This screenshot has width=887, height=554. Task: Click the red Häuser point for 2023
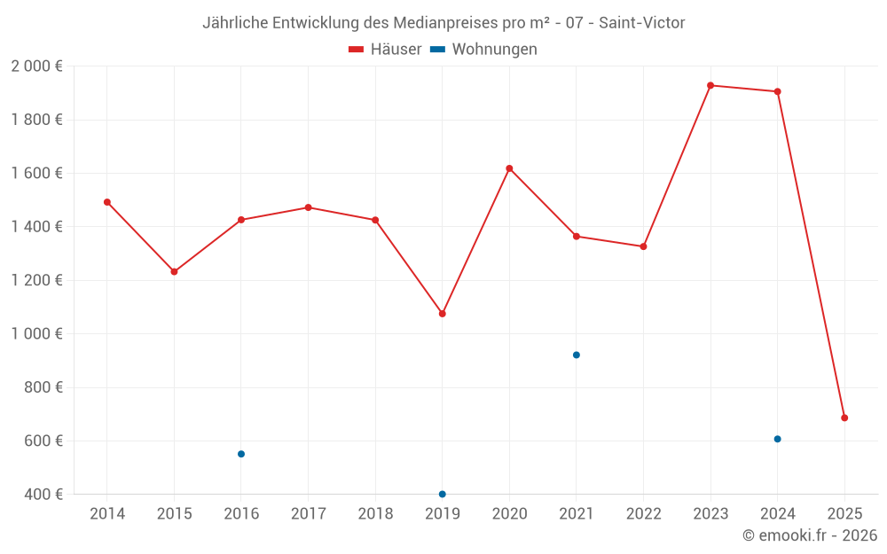click(710, 85)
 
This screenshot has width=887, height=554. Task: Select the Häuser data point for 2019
click(443, 314)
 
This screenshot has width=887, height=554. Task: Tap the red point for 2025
click(844, 417)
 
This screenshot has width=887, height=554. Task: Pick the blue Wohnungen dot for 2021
click(577, 355)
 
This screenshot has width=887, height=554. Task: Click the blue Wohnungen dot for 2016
click(241, 454)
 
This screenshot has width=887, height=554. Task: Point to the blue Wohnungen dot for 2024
click(778, 439)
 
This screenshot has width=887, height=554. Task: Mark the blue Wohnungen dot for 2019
click(443, 494)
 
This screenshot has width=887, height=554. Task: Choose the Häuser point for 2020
click(509, 168)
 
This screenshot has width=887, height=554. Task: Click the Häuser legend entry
click(385, 50)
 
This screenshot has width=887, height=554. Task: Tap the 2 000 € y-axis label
click(36, 66)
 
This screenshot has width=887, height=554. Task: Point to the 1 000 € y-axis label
click(36, 334)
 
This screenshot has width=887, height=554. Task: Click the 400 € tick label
click(43, 495)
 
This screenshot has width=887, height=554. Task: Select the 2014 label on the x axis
click(107, 514)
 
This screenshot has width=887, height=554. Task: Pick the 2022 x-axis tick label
click(643, 514)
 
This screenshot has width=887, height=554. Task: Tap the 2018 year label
click(375, 514)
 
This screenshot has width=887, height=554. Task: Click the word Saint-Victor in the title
click(641, 23)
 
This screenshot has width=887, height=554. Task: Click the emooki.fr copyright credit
click(810, 535)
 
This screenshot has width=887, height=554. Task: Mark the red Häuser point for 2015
click(174, 271)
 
